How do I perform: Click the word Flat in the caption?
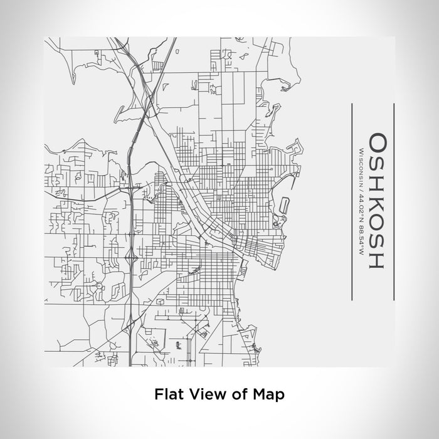(167, 394)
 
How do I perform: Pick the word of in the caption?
(237, 394)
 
